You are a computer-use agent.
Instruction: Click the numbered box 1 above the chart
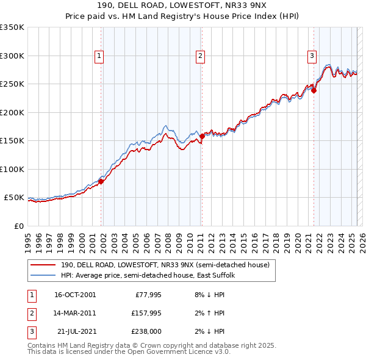(x=99, y=56)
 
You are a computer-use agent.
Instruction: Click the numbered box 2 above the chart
(x=200, y=56)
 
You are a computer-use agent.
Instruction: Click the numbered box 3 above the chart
(x=312, y=56)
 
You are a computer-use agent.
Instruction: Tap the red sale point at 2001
(x=101, y=181)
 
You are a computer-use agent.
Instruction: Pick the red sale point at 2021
(x=314, y=91)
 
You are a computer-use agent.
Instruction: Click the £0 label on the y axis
(x=18, y=226)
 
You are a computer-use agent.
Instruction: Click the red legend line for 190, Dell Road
(x=44, y=265)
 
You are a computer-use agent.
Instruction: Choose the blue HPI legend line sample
(x=44, y=276)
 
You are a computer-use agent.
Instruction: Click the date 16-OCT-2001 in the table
(x=74, y=295)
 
